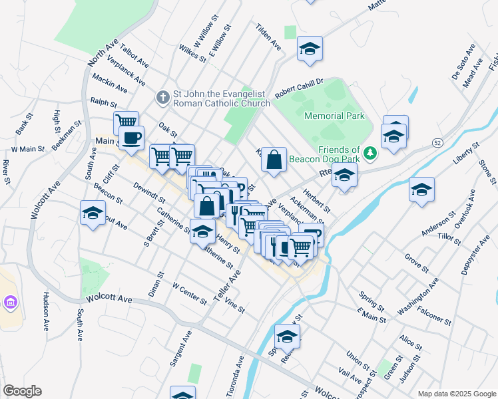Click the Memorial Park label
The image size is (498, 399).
334,116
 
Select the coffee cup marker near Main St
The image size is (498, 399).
132,138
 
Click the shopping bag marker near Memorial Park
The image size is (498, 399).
274,160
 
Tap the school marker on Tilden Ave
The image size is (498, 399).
309,49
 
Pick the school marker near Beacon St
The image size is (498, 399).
93,213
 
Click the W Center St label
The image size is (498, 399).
189,294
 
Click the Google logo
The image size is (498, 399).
22,391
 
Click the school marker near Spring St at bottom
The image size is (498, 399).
287,337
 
